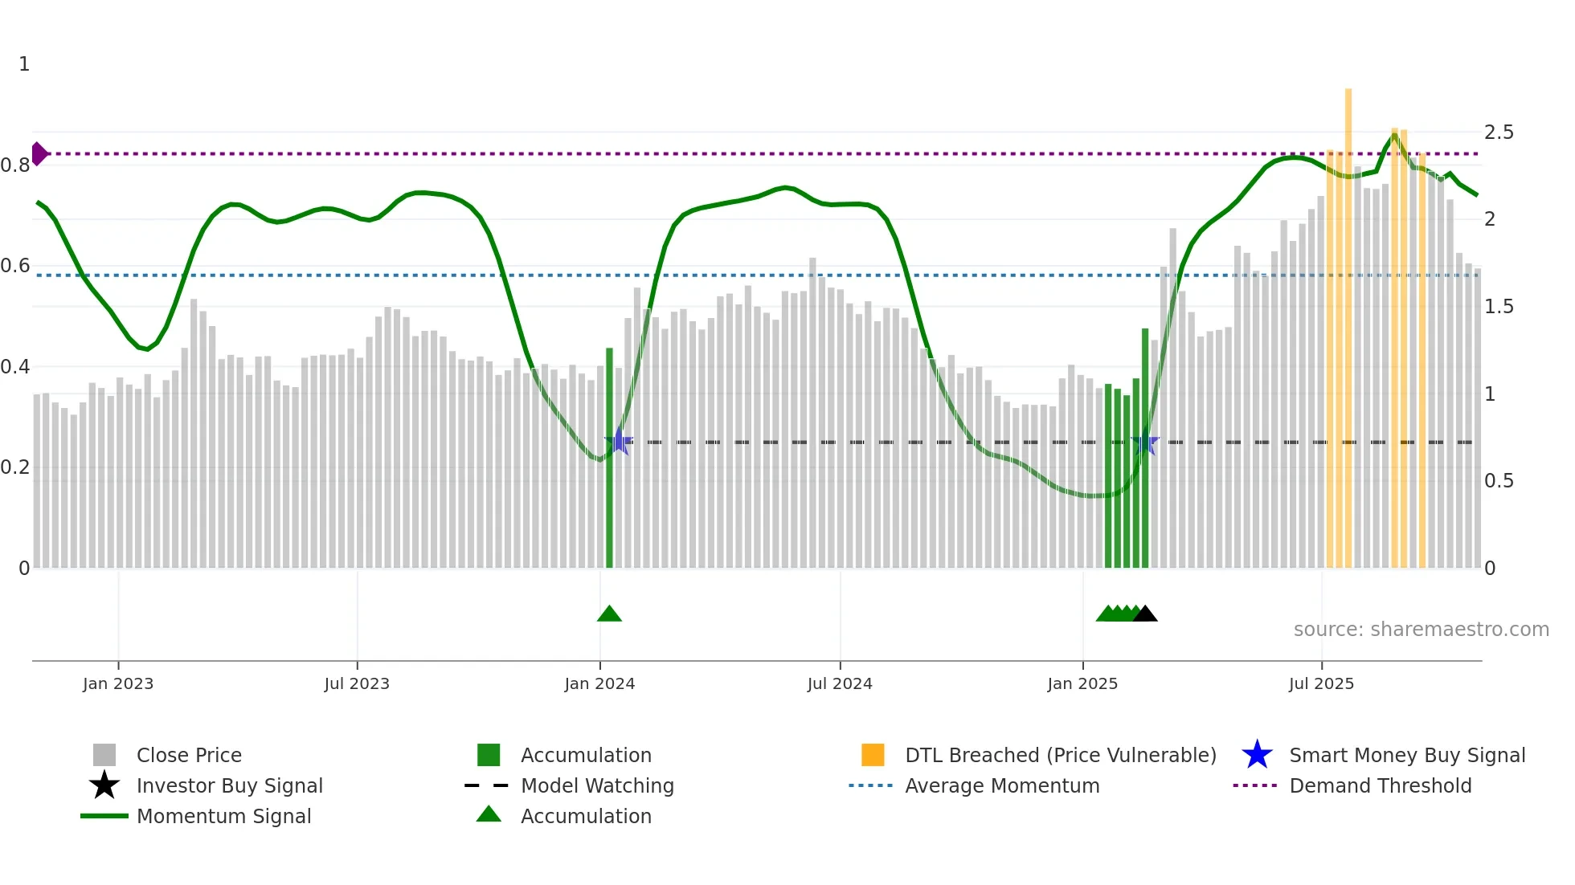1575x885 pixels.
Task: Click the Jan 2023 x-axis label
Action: tap(117, 683)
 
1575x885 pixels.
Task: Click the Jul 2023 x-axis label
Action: tap(357, 683)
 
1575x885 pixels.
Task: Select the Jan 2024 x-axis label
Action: tap(599, 683)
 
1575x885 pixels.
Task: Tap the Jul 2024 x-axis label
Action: tap(840, 683)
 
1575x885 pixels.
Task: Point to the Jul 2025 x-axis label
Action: tap(1321, 683)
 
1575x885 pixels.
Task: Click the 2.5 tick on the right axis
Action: tap(1499, 132)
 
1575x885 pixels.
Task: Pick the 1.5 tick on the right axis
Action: tap(1499, 307)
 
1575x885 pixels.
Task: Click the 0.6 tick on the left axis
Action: tap(15, 266)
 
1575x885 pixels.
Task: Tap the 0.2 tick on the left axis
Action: tap(15, 467)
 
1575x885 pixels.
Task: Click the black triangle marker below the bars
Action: tap(1145, 614)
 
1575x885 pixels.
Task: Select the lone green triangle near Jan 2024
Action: tap(609, 614)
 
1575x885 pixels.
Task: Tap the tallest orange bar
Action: tap(1348, 321)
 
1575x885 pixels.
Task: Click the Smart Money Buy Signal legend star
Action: tap(1257, 755)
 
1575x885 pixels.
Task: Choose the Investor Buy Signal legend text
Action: tap(230, 785)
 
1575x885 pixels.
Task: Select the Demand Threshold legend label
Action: tap(1380, 785)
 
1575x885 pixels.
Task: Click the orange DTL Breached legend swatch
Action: tap(873, 755)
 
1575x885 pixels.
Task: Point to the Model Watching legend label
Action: tap(597, 785)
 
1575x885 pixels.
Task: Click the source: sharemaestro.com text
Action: tap(1421, 630)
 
